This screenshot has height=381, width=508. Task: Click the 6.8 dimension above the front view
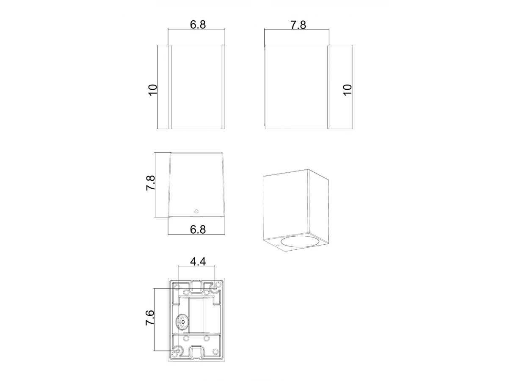pyautogui.click(x=198, y=25)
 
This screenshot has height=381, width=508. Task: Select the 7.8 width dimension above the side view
pyautogui.click(x=298, y=25)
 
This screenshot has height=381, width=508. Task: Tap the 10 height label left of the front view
pyautogui.click(x=153, y=90)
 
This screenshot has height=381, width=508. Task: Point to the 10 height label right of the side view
pyautogui.click(x=348, y=90)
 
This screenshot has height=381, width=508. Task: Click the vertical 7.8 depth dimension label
pyautogui.click(x=150, y=183)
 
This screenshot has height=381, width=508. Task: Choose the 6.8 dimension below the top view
pyautogui.click(x=198, y=229)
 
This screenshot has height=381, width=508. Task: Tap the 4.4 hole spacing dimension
pyautogui.click(x=198, y=262)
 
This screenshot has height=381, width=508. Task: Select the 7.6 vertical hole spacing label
pyautogui.click(x=150, y=318)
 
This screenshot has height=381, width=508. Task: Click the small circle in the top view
pyautogui.click(x=196, y=211)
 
